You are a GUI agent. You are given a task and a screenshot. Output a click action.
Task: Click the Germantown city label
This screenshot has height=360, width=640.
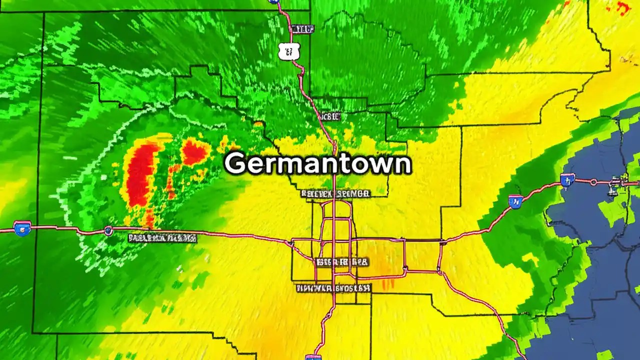click(318, 163)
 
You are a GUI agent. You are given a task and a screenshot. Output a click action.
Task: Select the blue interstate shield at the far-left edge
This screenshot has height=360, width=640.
click(22, 228)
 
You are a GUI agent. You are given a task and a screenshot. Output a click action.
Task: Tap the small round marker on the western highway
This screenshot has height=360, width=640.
click(108, 230)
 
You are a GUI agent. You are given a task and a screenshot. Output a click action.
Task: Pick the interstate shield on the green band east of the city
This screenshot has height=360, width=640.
click(514, 201)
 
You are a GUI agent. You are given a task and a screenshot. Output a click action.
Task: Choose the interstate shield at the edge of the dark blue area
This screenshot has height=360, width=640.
click(567, 180)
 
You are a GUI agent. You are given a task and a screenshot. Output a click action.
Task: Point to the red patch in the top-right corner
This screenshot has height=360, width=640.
click(623, 7)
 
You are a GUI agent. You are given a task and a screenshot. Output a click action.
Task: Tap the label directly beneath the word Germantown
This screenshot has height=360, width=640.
click(335, 193)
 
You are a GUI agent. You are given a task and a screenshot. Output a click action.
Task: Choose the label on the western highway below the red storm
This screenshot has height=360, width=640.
click(162, 238)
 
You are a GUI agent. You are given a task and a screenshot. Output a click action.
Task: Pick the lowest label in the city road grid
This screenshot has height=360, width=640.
click(333, 288)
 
